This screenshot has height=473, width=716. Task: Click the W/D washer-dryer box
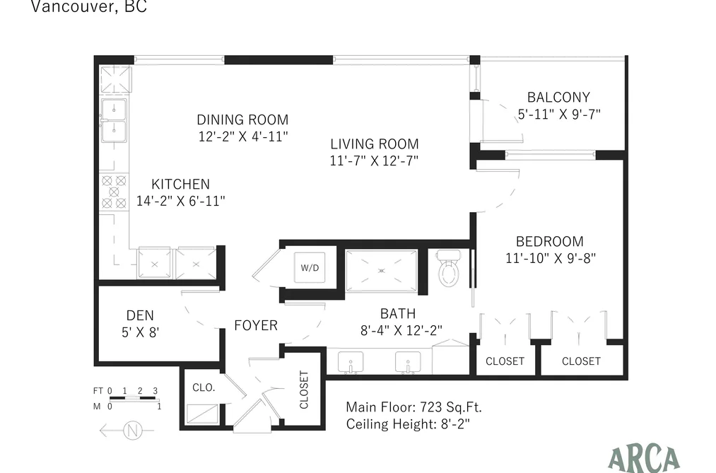(x=310, y=267)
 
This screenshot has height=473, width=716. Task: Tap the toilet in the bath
(x=448, y=269)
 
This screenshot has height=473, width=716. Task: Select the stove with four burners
(x=115, y=192)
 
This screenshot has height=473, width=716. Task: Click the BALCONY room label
(x=558, y=98)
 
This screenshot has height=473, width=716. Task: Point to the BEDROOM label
(x=550, y=242)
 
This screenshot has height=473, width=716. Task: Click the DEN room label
(x=140, y=315)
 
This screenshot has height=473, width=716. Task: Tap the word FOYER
(x=256, y=325)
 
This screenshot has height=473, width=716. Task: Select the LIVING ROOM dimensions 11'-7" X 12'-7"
(x=375, y=160)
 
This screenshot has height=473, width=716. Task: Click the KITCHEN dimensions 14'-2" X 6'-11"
(x=181, y=201)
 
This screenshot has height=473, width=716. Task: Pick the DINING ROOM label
(x=242, y=119)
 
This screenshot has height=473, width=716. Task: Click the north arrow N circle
(x=132, y=431)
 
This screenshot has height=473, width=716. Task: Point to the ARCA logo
(x=644, y=459)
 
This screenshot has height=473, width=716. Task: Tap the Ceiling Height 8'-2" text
(x=408, y=424)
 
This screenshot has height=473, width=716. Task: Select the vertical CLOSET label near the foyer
(x=304, y=390)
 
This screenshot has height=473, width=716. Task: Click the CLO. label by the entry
(x=204, y=387)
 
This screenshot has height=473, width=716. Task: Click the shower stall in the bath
(x=381, y=271)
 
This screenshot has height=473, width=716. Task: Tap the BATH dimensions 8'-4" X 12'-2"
(x=401, y=330)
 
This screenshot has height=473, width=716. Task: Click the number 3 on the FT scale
(x=155, y=391)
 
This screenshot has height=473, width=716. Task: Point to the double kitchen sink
(x=114, y=120)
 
